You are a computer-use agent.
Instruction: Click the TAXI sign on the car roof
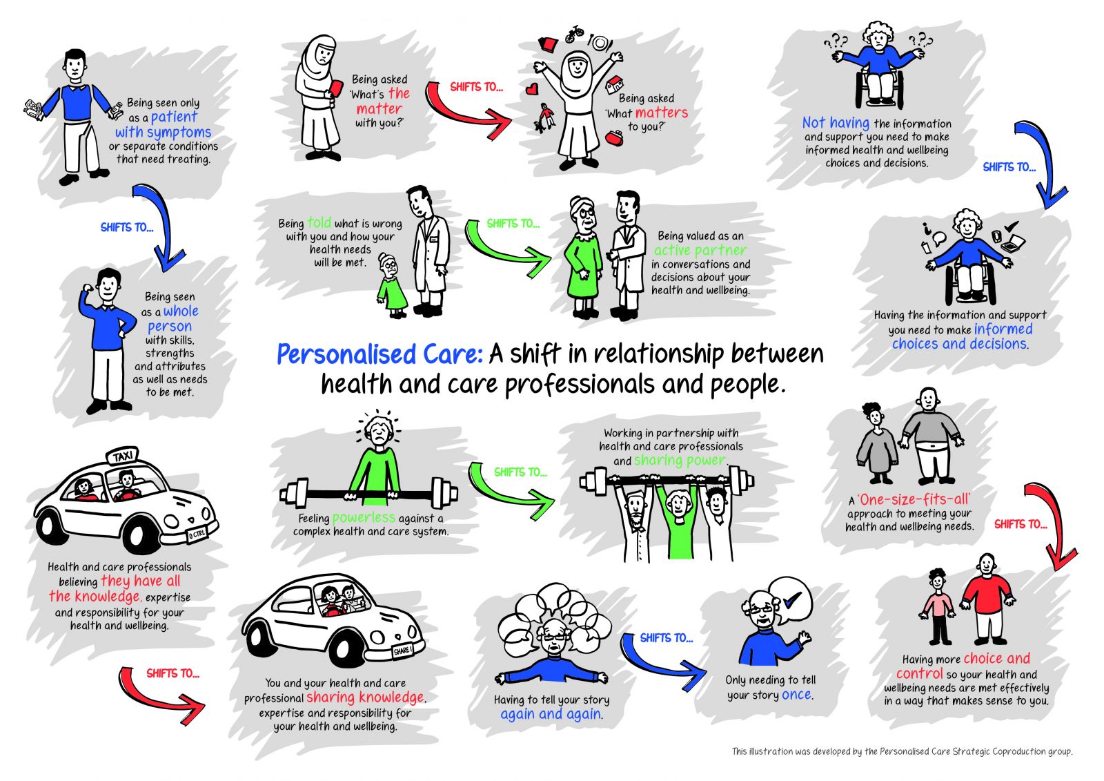click(x=122, y=456)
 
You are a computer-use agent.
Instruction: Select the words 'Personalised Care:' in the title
click(x=379, y=354)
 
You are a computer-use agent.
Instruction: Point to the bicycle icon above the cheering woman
click(x=574, y=34)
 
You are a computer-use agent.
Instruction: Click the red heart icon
click(x=531, y=89)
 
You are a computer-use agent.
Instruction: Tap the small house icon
click(x=615, y=84)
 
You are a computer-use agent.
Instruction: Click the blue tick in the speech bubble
click(x=792, y=599)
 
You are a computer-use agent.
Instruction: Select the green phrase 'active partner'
click(x=700, y=250)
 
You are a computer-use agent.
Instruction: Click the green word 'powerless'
click(x=364, y=517)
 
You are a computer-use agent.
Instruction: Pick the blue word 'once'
click(x=796, y=695)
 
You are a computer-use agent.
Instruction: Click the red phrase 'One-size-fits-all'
click(x=914, y=499)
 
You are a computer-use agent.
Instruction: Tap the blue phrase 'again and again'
click(x=551, y=714)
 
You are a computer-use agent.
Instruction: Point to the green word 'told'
click(x=319, y=222)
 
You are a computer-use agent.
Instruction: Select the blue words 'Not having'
click(x=836, y=122)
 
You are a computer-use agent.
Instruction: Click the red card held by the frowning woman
click(x=337, y=89)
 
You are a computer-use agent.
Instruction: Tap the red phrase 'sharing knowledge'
click(x=365, y=697)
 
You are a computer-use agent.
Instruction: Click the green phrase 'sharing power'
click(x=680, y=461)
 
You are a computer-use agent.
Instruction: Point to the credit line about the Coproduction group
click(x=902, y=751)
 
